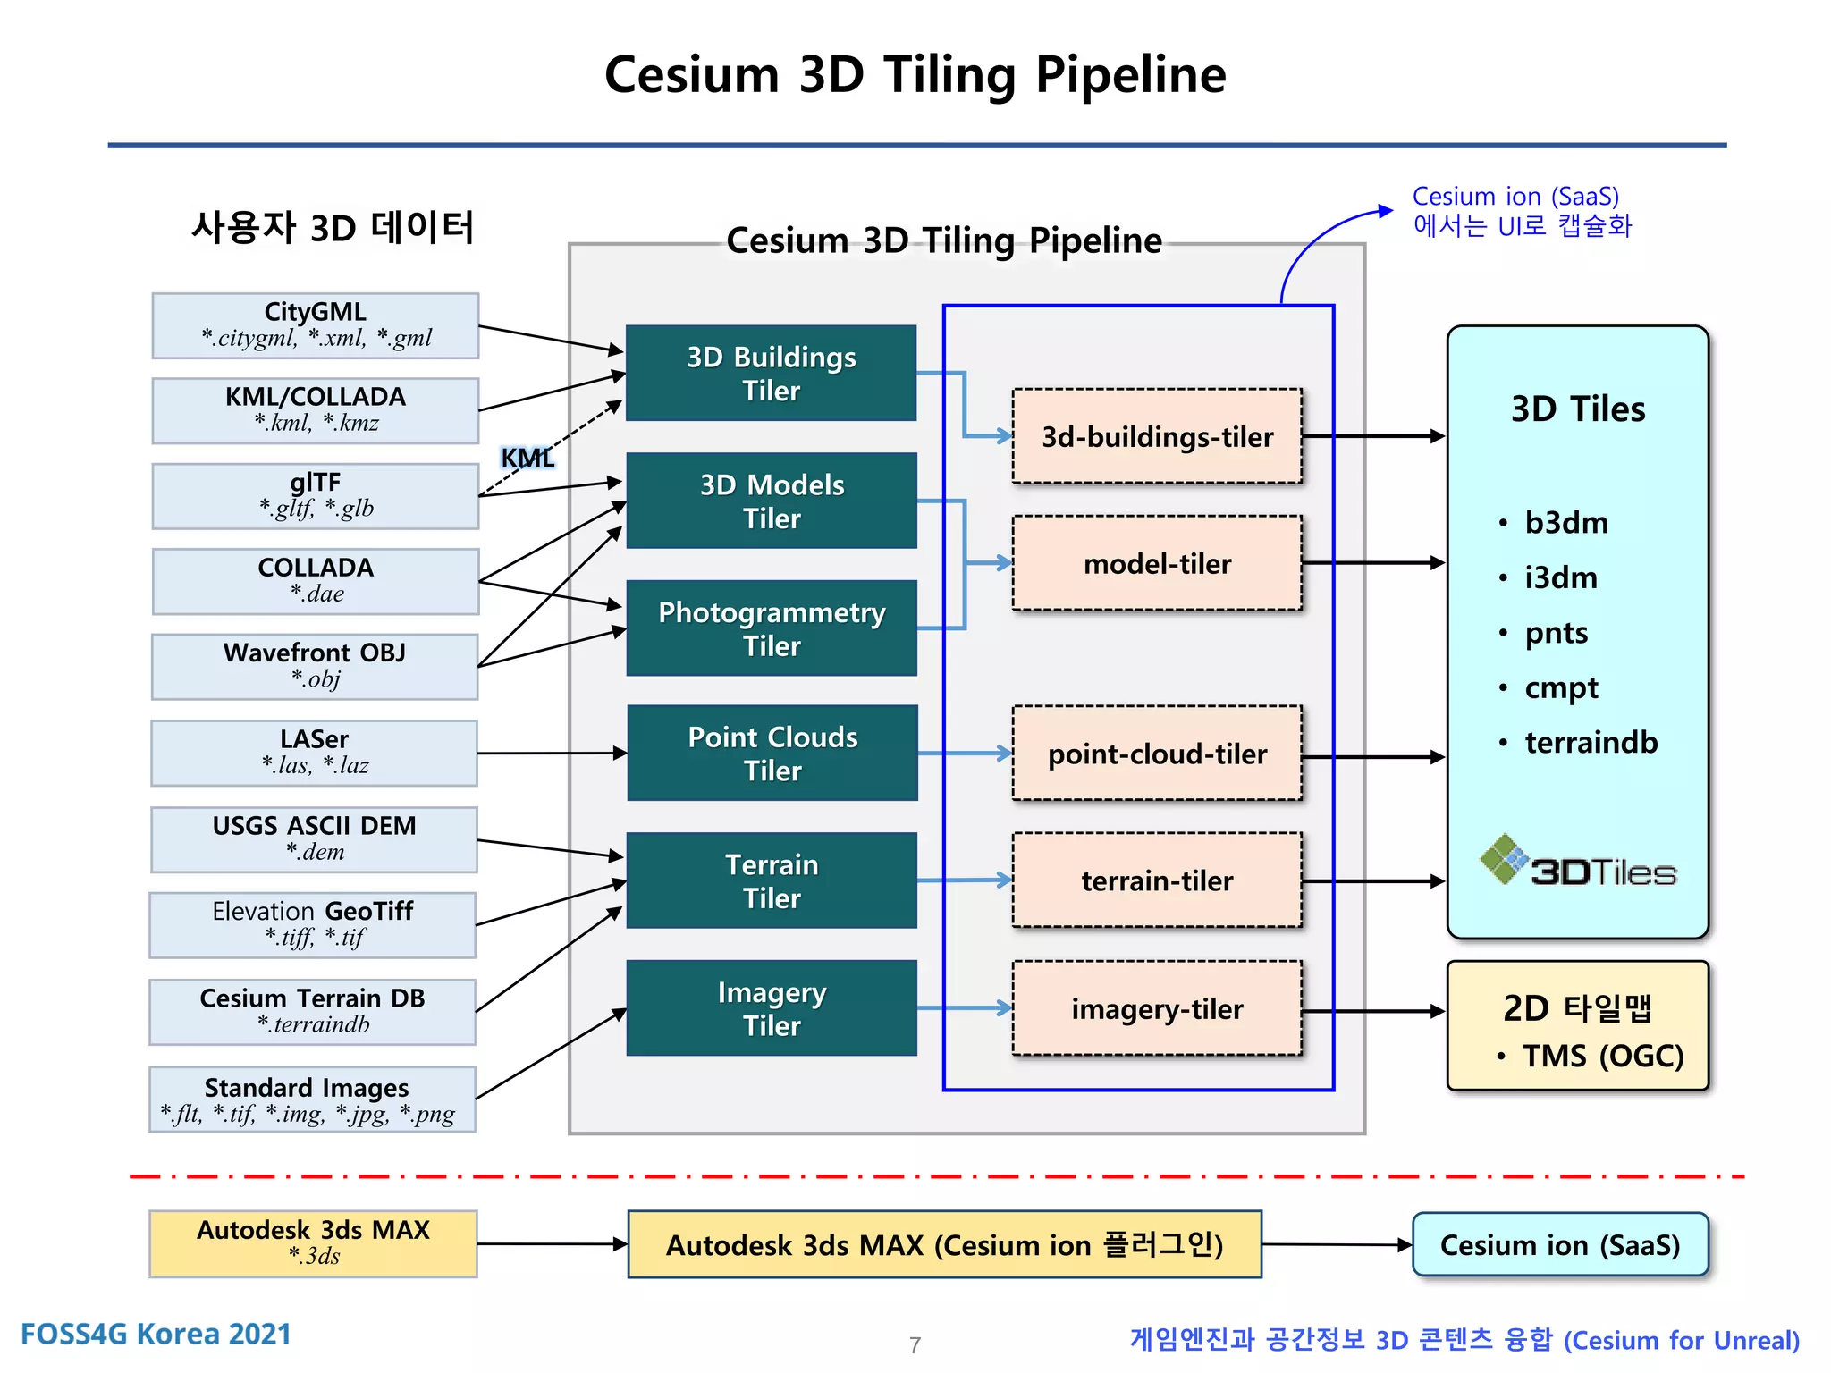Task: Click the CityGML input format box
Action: coord(315,325)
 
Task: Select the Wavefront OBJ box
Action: coord(315,666)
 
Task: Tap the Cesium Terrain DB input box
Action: coord(312,1011)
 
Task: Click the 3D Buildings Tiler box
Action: coord(771,373)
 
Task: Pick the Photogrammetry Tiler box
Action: coord(771,628)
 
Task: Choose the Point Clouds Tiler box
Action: coord(772,753)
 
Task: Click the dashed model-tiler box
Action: coord(1156,563)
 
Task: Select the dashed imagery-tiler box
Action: coord(1156,1008)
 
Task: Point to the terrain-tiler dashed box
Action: coord(1156,880)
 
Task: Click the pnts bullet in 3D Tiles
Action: coord(1556,633)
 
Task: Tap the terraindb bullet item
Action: coord(1590,742)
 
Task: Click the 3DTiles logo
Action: coord(1578,863)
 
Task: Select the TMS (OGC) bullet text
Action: coord(1602,1056)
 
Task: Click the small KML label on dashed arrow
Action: coord(527,458)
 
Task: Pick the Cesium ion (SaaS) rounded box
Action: coord(1559,1244)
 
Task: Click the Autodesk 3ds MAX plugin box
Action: coord(944,1244)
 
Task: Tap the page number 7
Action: coord(915,1344)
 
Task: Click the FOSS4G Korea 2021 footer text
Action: coord(156,1334)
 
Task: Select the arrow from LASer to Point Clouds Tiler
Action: coord(552,754)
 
